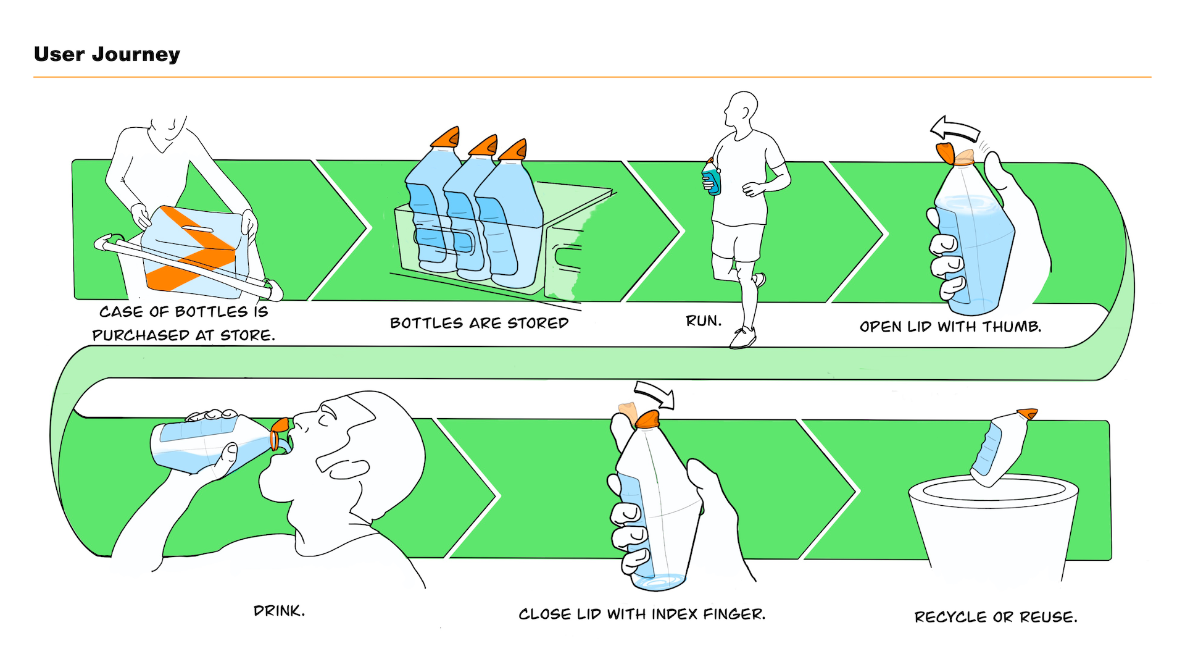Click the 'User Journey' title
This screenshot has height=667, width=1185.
107,54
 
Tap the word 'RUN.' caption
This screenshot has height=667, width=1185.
704,321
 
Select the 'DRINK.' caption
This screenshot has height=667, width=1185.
279,611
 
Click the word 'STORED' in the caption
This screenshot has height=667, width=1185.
538,323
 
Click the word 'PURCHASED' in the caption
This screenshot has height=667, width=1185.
141,335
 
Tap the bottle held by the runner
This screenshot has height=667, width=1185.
712,178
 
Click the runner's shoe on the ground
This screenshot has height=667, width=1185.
742,338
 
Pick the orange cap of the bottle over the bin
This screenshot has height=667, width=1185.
1027,413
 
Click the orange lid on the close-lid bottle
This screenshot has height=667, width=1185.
647,420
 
